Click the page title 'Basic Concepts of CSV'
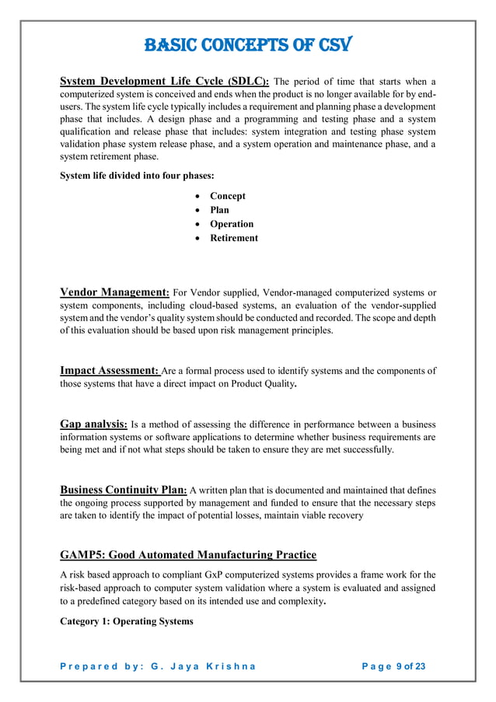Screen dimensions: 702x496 point(248,45)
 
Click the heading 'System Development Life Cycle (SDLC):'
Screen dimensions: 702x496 point(165,81)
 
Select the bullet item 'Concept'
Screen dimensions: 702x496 point(227,196)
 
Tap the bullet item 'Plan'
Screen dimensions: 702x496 point(219,210)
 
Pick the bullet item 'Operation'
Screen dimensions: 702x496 point(232,224)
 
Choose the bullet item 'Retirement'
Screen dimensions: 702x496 point(234,238)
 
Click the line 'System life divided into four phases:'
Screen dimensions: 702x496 point(137,176)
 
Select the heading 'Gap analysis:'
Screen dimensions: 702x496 point(93,424)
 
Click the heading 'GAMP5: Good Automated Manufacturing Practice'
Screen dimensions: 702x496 point(188,554)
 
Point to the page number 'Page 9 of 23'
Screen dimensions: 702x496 point(394,667)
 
